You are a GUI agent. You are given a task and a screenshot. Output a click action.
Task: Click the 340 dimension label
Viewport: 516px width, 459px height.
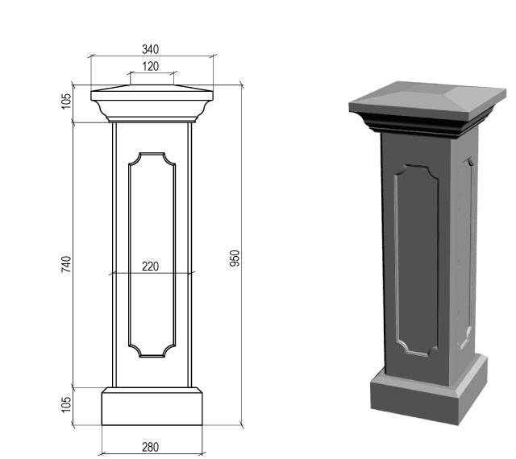point(151,49)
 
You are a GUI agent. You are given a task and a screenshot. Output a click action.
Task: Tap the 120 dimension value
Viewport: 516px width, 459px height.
point(151,66)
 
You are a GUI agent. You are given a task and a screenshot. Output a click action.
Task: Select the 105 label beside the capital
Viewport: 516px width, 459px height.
point(66,101)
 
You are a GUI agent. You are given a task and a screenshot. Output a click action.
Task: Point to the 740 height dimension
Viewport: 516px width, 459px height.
point(66,264)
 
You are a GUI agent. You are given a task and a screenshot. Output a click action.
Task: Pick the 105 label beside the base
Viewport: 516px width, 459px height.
point(66,404)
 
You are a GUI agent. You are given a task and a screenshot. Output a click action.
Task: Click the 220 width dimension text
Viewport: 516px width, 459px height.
point(151,266)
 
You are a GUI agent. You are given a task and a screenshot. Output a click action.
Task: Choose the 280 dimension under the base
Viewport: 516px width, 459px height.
point(151,447)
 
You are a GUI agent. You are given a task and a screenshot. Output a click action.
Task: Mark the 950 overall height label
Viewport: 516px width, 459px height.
point(235,258)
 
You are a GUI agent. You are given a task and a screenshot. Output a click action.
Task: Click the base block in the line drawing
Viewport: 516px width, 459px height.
point(152,407)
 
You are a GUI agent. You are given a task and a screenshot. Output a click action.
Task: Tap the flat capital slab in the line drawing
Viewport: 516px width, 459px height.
point(152,96)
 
